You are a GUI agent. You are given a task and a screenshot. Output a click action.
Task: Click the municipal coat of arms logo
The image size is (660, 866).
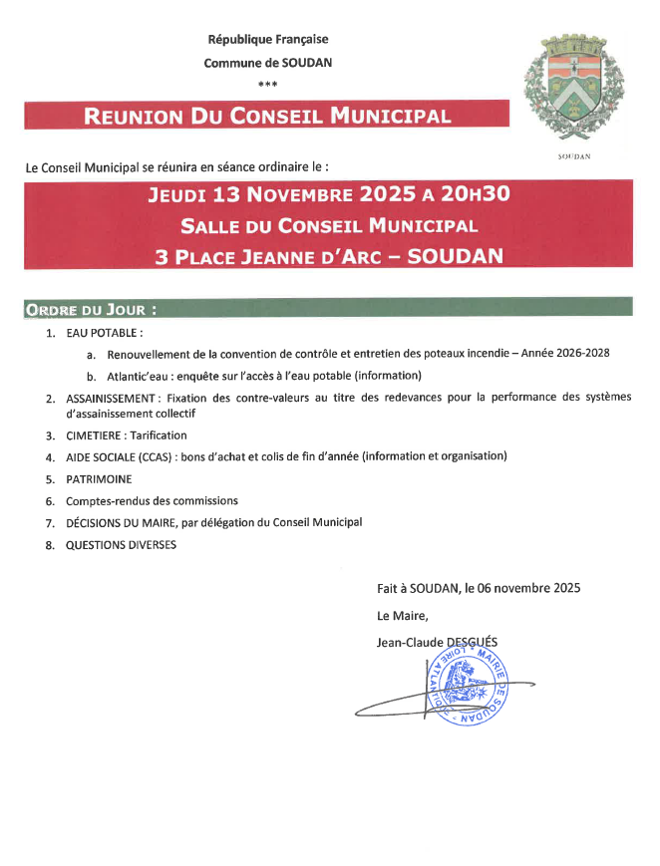click(574, 91)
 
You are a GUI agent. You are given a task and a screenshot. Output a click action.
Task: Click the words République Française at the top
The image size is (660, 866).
click(268, 40)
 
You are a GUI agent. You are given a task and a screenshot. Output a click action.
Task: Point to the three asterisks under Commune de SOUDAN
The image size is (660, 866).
click(267, 84)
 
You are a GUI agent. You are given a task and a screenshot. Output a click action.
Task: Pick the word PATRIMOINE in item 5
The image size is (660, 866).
click(99, 479)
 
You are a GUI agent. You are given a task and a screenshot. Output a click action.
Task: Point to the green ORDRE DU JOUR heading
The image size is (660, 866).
click(90, 309)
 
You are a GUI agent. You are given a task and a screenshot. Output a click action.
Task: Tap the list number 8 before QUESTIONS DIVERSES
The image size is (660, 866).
click(49, 545)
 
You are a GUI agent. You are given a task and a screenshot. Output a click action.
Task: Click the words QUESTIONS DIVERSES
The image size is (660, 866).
click(121, 545)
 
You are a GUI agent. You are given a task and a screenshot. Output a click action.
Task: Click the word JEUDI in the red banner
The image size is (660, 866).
click(184, 194)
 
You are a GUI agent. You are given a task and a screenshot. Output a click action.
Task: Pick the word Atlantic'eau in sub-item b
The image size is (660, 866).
click(141, 376)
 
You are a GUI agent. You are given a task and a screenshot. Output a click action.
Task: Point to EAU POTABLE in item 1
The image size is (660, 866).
click(103, 332)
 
